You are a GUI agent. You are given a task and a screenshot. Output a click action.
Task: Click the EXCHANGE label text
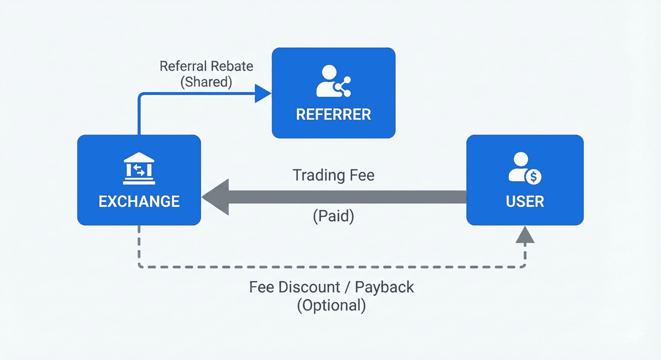click(x=139, y=201)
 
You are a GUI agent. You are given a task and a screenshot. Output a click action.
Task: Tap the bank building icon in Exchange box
click(x=139, y=168)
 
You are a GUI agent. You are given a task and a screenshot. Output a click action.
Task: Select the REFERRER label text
click(x=333, y=114)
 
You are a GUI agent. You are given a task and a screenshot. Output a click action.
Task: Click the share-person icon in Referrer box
click(x=333, y=81)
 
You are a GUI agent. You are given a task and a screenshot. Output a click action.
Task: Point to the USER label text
click(x=525, y=202)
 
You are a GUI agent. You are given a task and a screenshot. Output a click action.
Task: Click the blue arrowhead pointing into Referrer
click(x=263, y=93)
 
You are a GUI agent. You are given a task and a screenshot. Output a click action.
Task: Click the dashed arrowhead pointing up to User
click(x=525, y=235)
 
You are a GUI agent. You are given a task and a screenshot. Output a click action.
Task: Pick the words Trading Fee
click(x=333, y=175)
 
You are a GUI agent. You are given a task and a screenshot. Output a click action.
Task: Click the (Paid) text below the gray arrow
click(x=333, y=217)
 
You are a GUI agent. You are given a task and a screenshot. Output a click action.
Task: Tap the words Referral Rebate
click(x=206, y=66)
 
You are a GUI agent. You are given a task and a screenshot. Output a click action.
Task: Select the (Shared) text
click(x=206, y=82)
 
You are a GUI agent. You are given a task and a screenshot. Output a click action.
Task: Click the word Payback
click(x=384, y=287)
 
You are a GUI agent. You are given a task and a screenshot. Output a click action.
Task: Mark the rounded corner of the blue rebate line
click(x=141, y=96)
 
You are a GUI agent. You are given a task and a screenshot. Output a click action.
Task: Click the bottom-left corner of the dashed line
click(x=140, y=266)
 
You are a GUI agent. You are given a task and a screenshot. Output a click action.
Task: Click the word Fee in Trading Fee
click(x=361, y=175)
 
